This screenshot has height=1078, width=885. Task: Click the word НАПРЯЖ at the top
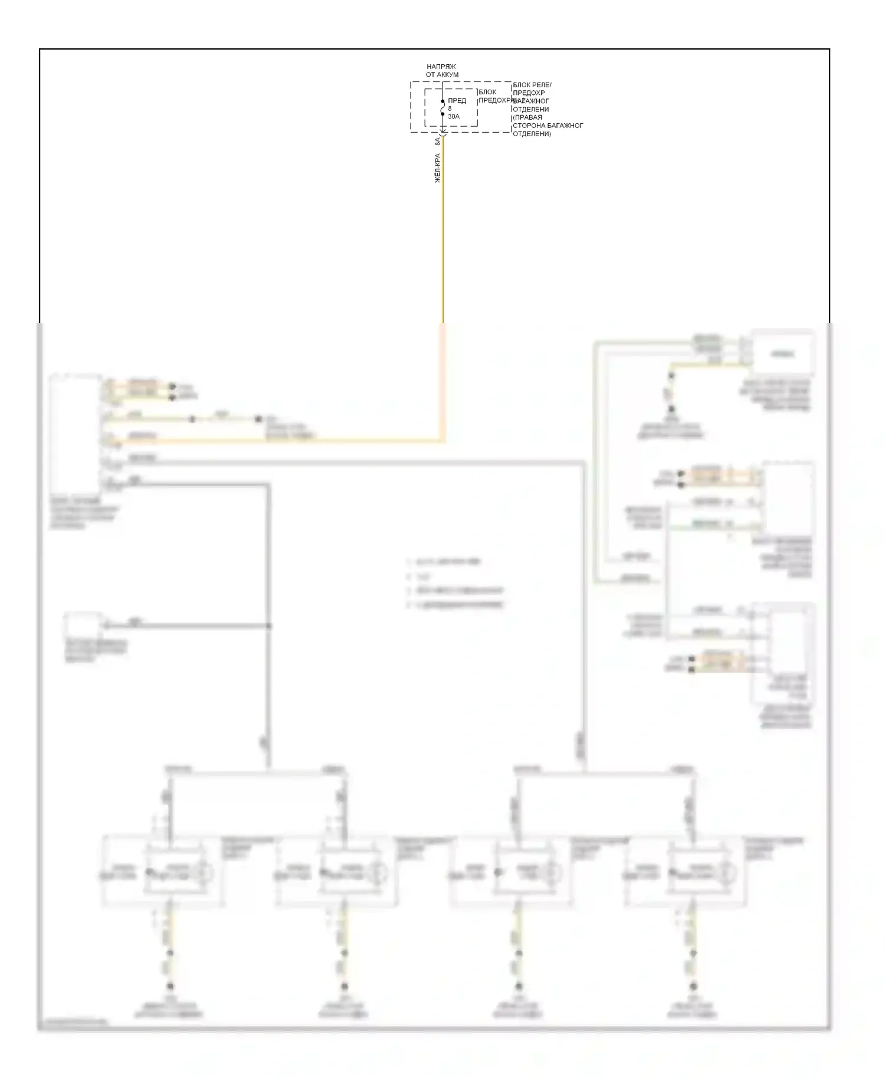click(x=441, y=67)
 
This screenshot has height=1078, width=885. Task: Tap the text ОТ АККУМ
click(x=442, y=75)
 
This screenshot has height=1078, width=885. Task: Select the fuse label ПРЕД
click(x=457, y=101)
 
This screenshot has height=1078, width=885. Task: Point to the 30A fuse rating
click(x=454, y=117)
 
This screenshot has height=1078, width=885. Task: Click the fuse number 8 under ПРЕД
click(x=450, y=109)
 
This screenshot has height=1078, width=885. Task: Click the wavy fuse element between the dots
click(x=442, y=108)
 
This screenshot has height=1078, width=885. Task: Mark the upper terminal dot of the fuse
click(x=442, y=101)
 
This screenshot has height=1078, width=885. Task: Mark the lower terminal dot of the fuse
click(x=442, y=114)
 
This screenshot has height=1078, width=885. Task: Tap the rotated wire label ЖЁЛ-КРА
click(x=438, y=168)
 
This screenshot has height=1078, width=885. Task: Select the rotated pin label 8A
click(x=438, y=142)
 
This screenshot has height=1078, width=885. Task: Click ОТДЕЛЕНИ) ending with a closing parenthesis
click(x=532, y=134)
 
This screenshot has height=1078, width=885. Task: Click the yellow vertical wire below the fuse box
click(x=443, y=236)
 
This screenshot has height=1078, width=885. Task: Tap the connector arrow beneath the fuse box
click(x=443, y=137)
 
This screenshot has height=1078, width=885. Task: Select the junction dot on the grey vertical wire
click(x=269, y=626)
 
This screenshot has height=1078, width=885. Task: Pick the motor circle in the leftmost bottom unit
click(x=202, y=871)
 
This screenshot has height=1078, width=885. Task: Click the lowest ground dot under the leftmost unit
click(x=171, y=987)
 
